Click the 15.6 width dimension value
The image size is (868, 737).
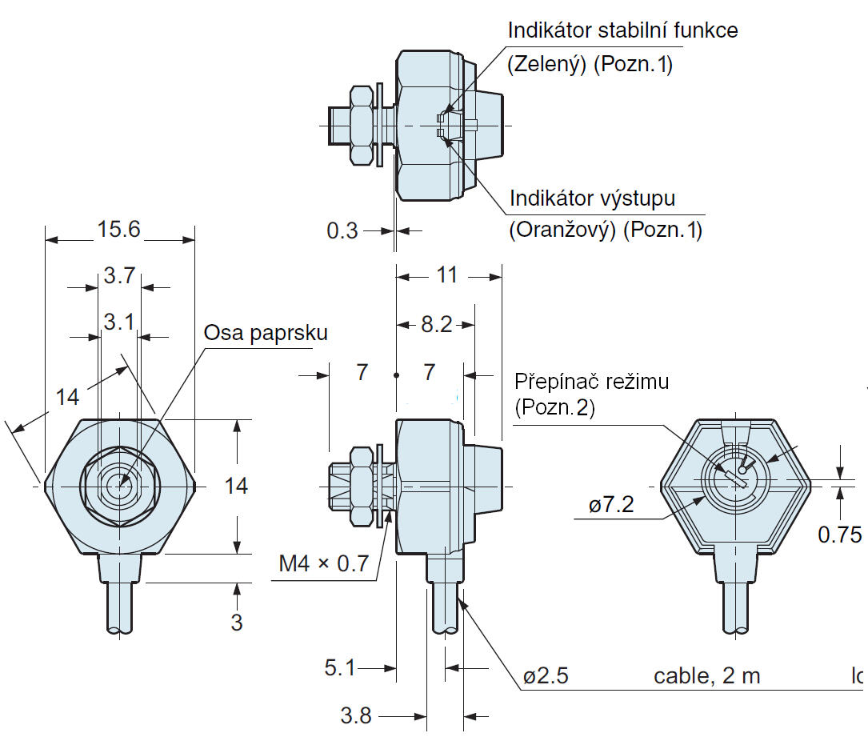[119, 230]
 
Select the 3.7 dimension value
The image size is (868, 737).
[119, 277]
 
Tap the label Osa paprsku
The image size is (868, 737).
[266, 333]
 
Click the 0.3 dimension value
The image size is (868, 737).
[342, 230]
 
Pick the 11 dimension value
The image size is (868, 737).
[447, 274]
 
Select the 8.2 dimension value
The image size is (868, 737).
[437, 324]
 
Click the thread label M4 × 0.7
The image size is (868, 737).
[324, 563]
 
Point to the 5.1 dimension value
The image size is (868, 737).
[340, 667]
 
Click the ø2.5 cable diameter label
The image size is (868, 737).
[546, 676]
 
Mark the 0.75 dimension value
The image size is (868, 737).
[839, 534]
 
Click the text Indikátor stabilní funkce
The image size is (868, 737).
[623, 31]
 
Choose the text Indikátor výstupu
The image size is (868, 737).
[592, 198]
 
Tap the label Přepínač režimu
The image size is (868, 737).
[591, 381]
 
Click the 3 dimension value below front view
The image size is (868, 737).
[236, 622]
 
